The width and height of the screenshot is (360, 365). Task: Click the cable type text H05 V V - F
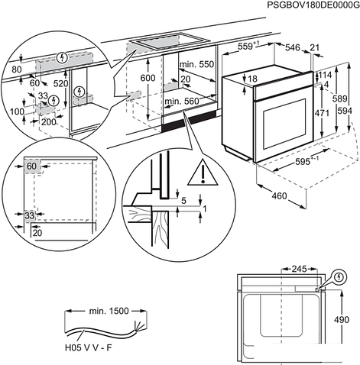pos(87,347)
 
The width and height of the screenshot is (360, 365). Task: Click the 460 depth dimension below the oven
pos(280,197)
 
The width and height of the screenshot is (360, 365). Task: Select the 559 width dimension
pos(245,47)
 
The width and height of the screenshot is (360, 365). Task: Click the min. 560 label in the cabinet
pos(180,102)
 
